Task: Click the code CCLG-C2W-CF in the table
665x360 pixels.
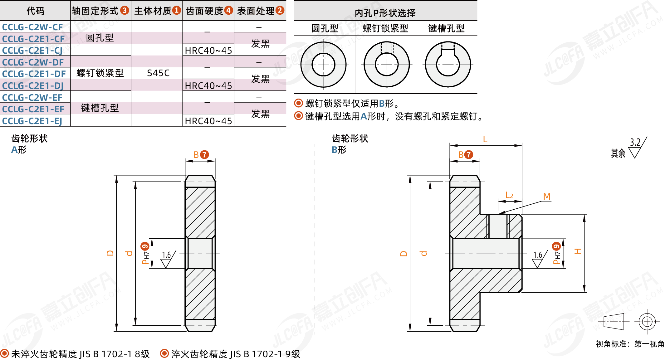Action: coord(32,27)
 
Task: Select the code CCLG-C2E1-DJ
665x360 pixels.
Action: coord(33,85)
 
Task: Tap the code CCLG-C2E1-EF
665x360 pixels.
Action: coord(33,109)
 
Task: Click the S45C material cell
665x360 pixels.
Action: coord(158,73)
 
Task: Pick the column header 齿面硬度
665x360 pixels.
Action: coord(204,11)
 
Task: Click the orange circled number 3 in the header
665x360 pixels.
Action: coord(125,11)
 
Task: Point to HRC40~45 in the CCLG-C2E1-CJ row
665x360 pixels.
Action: coord(208,51)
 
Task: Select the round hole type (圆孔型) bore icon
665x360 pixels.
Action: coord(323,65)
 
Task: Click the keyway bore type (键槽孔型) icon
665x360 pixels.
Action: coord(448,65)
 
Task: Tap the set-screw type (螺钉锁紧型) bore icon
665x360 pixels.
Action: coord(387,65)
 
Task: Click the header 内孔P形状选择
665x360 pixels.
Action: coord(385,13)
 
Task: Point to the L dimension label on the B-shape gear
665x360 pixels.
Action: coord(485,139)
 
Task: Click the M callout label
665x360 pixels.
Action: coord(547,197)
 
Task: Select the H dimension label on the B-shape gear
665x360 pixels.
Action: coord(578,251)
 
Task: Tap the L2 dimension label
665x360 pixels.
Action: coord(509,195)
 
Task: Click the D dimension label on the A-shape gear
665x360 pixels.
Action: coord(110,253)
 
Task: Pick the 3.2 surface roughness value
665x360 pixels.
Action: coord(635,143)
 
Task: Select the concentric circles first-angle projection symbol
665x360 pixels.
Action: coord(647,321)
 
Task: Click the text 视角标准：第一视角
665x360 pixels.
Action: coord(630,344)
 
